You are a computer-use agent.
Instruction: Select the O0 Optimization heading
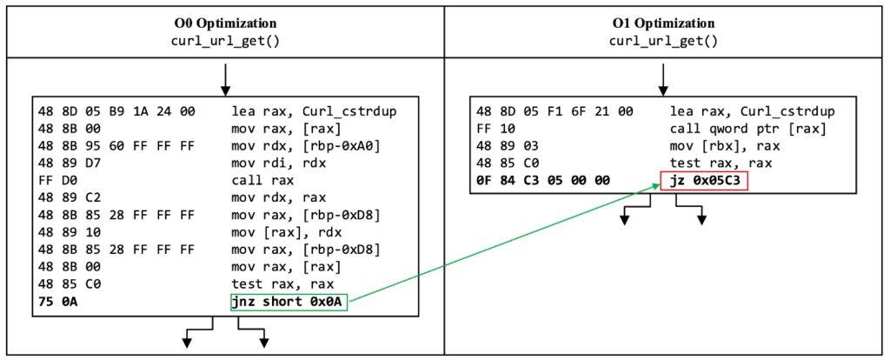coord(226,23)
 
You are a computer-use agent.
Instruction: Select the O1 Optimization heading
coord(664,23)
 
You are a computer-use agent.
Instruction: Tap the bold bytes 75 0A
coord(53,303)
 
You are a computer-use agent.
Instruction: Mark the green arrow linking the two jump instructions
coord(504,241)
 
